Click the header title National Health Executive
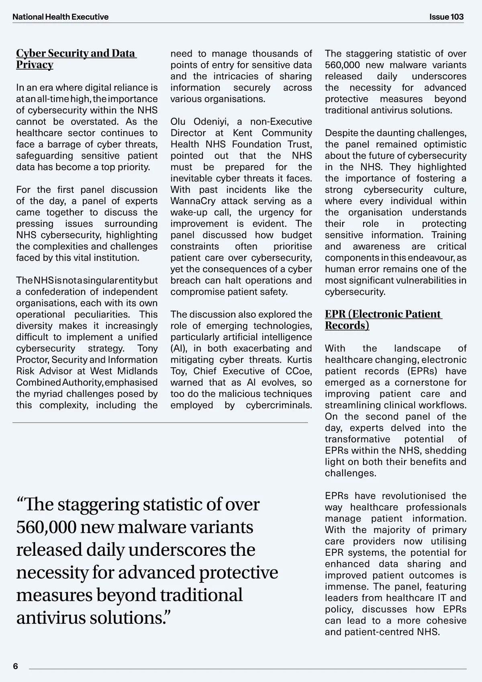coord(60,17)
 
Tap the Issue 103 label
coord(446,17)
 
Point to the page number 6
coord(16,666)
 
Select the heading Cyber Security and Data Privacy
coord(76,59)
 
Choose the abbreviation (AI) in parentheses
coord(178,349)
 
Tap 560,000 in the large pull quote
coord(46,527)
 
